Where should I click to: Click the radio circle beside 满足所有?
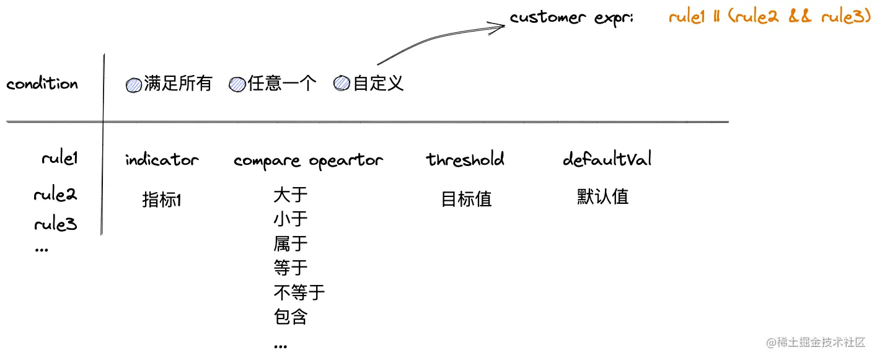click(134, 85)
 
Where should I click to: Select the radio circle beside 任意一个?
click(237, 85)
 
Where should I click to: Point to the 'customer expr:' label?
click(571, 17)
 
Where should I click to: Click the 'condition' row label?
click(42, 84)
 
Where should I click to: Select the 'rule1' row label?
click(59, 159)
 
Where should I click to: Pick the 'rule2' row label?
click(55, 195)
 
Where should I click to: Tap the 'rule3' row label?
click(55, 224)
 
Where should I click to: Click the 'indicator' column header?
click(162, 160)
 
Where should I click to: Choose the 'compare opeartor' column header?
click(308, 161)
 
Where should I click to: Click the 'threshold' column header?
click(465, 159)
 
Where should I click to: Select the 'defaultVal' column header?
click(607, 159)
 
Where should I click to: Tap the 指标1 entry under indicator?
click(162, 200)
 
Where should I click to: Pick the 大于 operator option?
click(290, 195)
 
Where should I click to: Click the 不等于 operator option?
click(299, 292)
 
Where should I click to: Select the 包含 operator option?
click(290, 317)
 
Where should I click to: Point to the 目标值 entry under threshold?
click(466, 199)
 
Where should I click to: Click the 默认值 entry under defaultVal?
click(602, 197)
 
